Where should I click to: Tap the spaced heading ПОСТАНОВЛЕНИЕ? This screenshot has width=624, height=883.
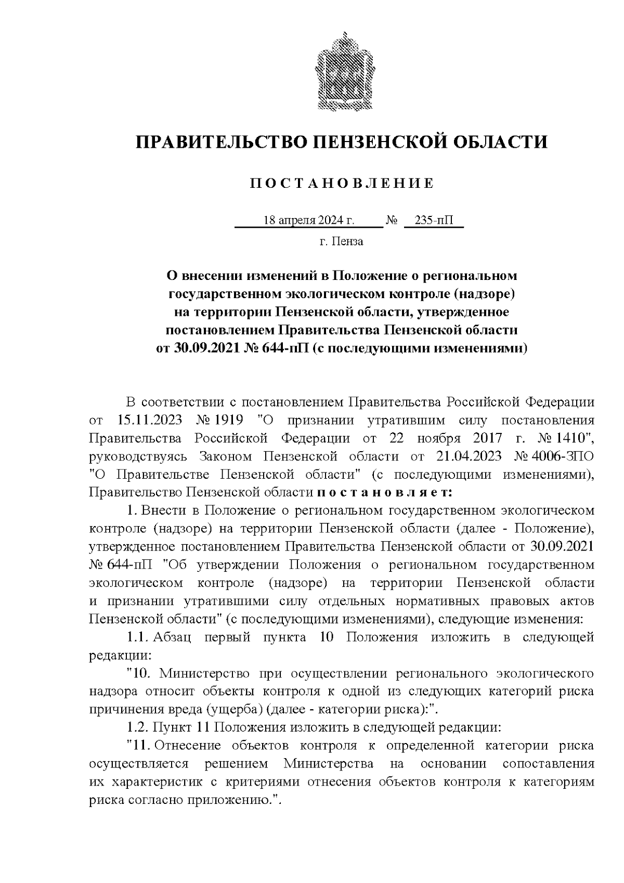click(x=342, y=184)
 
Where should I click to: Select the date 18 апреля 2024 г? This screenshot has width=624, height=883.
click(x=309, y=221)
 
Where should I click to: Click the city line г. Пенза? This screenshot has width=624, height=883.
click(x=341, y=241)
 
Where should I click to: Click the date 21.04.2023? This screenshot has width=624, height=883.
click(x=467, y=456)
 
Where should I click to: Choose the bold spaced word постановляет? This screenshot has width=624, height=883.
click(x=385, y=492)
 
